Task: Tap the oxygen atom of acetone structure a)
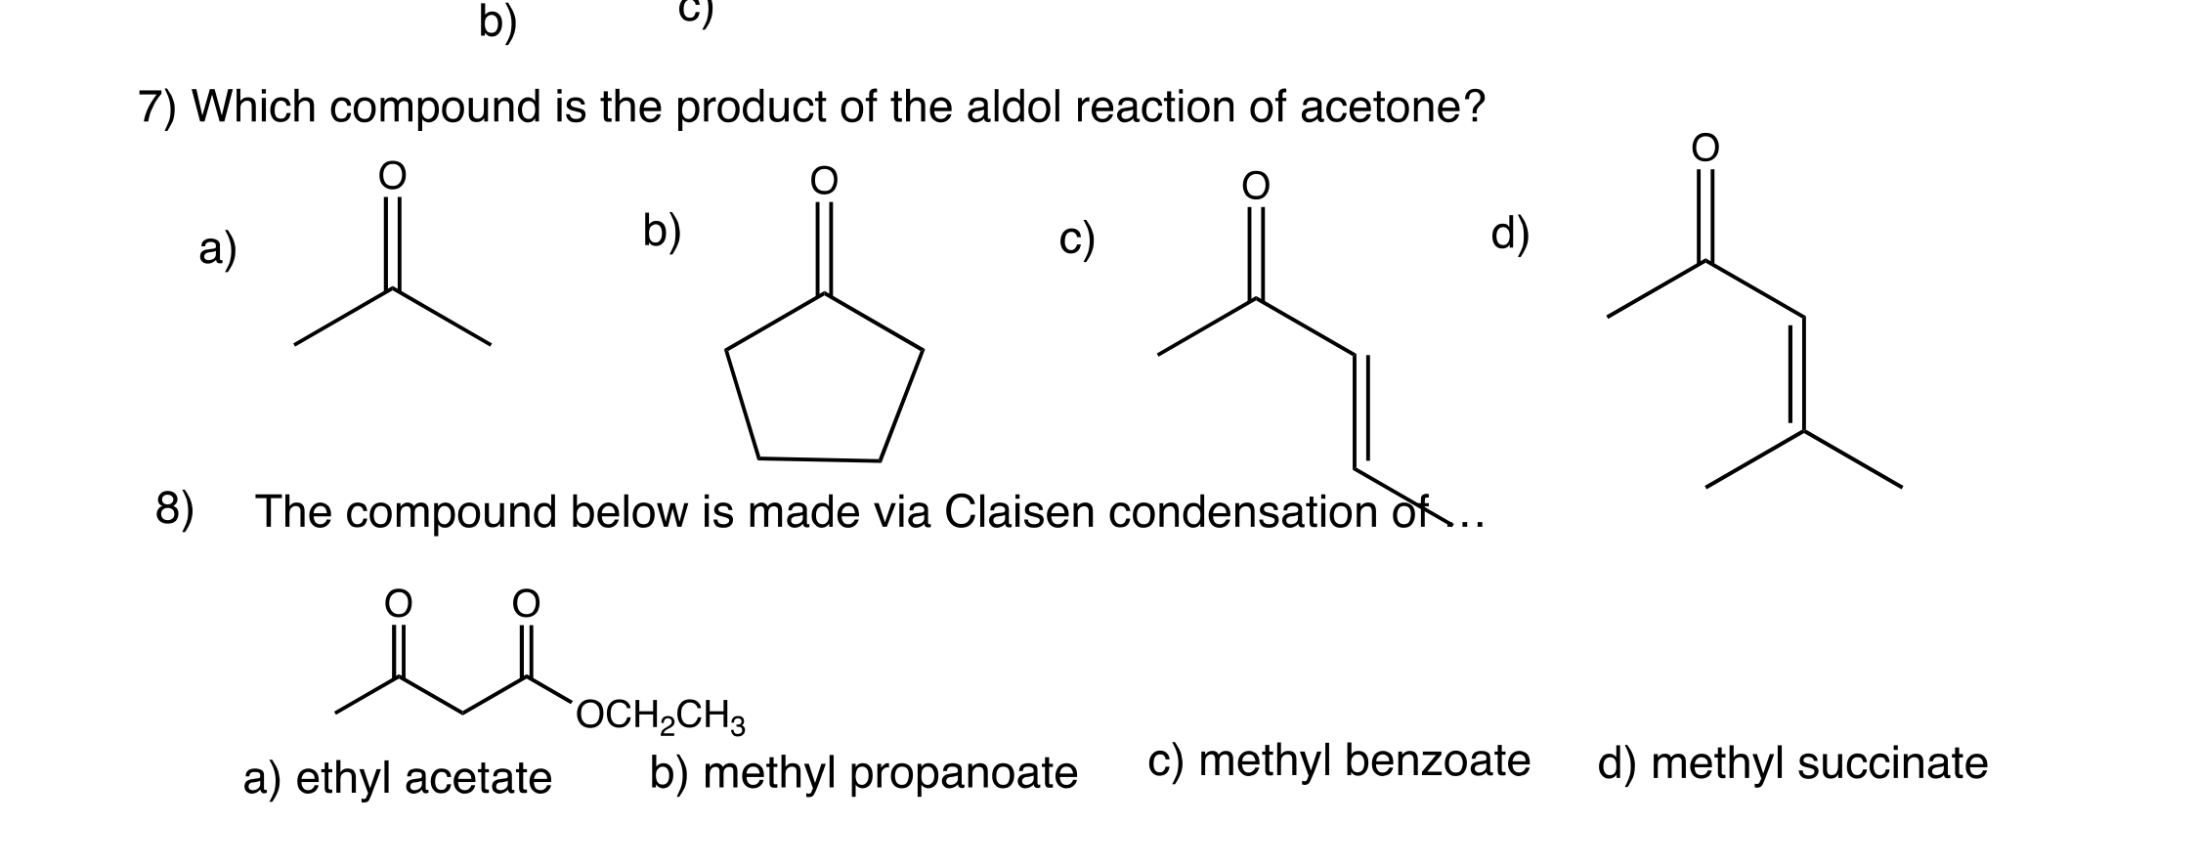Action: pyautogui.click(x=392, y=176)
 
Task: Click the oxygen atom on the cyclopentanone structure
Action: pyautogui.click(x=824, y=181)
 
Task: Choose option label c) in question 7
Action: pyautogui.click(x=1077, y=240)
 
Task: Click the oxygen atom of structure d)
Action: pyautogui.click(x=1704, y=148)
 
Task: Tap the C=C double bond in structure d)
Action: pyautogui.click(x=1798, y=373)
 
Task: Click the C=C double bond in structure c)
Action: pyautogui.click(x=1360, y=409)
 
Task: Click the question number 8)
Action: pyautogui.click(x=175, y=509)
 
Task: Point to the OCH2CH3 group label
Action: pyautogui.click(x=661, y=717)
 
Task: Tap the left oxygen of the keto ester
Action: pyautogui.click(x=397, y=604)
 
